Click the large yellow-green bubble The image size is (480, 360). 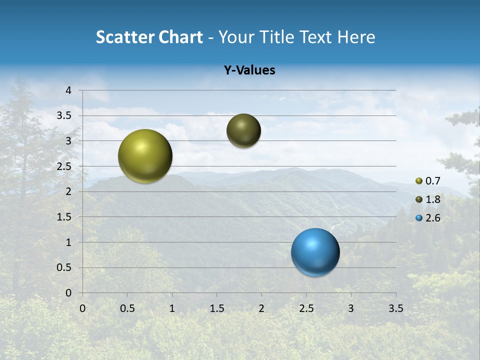click(x=145, y=156)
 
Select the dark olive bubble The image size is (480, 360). click(x=243, y=130)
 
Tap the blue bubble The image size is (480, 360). click(x=315, y=252)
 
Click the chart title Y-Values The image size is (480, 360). click(x=249, y=70)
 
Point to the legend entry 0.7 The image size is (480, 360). click(x=428, y=181)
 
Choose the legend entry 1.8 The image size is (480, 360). click(x=428, y=199)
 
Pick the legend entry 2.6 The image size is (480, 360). click(x=428, y=218)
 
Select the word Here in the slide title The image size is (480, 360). click(x=355, y=37)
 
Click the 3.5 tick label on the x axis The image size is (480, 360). click(x=395, y=308)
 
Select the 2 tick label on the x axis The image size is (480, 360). click(x=261, y=308)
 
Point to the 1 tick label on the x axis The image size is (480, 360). click(x=172, y=308)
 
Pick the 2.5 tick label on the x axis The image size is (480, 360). click(x=306, y=308)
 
